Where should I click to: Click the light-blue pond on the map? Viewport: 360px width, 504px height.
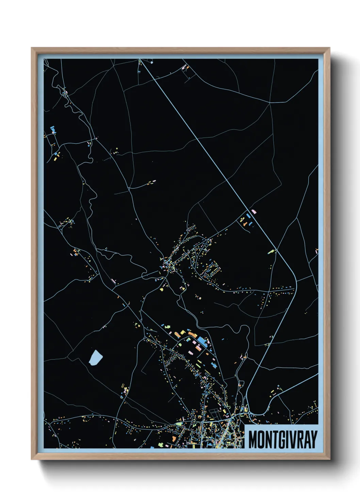pos(96,358)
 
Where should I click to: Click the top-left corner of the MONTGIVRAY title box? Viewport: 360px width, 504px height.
pos(245,425)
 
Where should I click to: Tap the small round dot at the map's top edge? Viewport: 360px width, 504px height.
pos(152,63)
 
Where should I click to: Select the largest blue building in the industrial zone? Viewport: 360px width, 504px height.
pos(202,341)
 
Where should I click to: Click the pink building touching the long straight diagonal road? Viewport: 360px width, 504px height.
pos(253,212)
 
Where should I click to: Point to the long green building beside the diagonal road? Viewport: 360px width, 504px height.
pos(271,252)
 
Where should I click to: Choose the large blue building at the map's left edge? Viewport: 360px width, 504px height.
pos(53,129)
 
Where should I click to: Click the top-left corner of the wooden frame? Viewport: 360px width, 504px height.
pos(31,48)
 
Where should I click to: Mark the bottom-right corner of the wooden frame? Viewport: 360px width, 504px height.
pos(329,459)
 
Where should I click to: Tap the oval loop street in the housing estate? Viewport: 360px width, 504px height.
pos(212,270)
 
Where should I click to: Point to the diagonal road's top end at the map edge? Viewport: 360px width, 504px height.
pos(140,60)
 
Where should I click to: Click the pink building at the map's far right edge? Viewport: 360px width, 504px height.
pos(316,251)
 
